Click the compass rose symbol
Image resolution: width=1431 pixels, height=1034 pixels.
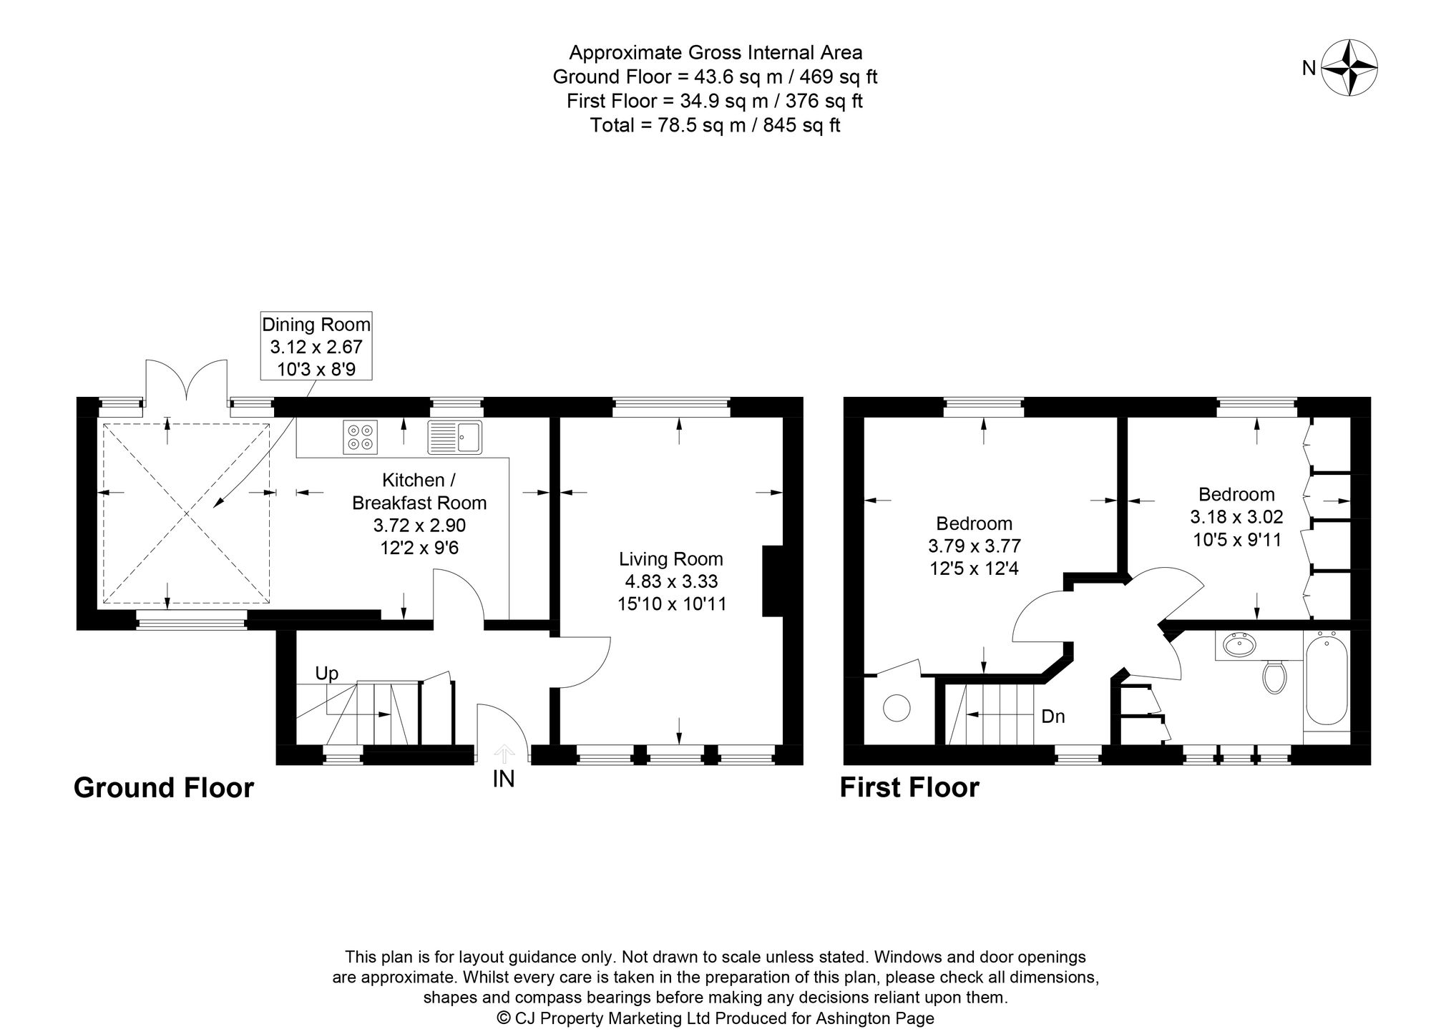point(1349,69)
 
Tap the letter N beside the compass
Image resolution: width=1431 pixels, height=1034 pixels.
point(1309,68)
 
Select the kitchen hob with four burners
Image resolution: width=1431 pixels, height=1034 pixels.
point(360,436)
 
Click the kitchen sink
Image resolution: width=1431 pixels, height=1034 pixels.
point(456,437)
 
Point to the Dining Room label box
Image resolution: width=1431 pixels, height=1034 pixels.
point(316,347)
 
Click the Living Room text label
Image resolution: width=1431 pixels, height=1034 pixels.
point(671,559)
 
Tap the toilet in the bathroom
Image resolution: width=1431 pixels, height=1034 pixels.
point(1274,676)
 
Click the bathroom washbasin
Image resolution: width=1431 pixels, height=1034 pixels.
point(1239,646)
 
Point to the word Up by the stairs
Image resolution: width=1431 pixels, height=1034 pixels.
point(327,674)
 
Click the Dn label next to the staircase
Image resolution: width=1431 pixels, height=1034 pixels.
point(1053,716)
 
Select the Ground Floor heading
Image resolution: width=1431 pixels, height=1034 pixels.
point(164,788)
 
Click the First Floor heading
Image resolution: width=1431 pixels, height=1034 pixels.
point(909,788)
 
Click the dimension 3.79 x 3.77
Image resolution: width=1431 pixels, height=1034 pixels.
point(975,546)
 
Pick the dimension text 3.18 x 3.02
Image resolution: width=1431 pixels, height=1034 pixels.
point(1236,516)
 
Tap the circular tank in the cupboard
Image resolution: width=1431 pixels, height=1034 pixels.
point(897,709)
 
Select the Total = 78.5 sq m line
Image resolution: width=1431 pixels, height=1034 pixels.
point(715,126)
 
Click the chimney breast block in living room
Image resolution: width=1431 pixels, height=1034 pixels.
point(773,581)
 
